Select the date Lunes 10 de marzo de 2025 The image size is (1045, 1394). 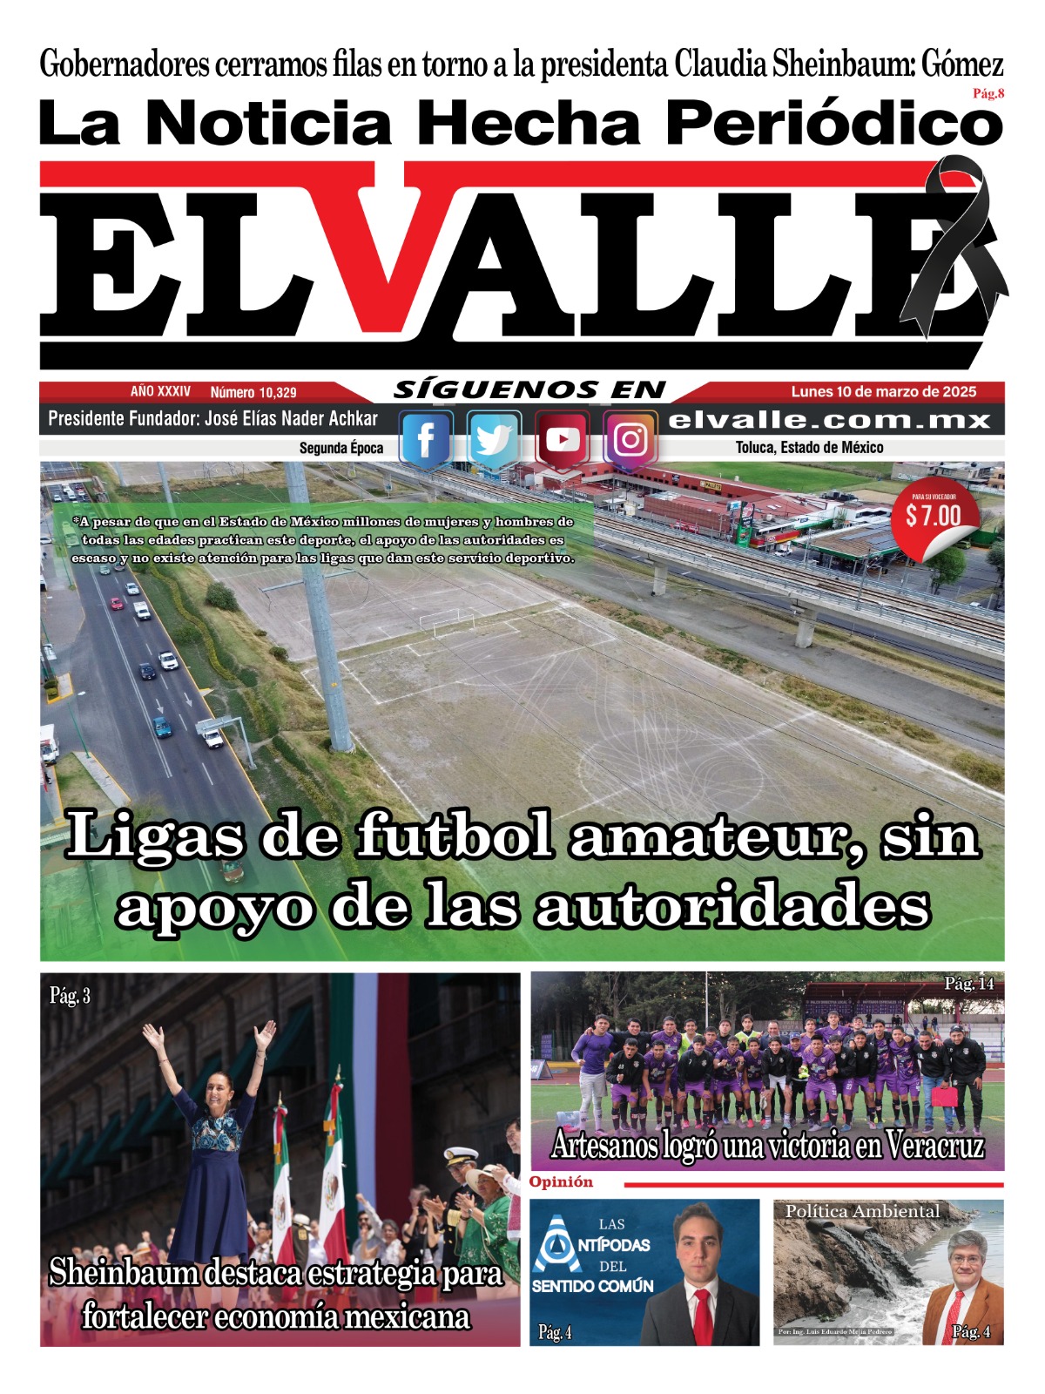[x=883, y=392]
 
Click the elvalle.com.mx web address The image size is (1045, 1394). [x=829, y=420]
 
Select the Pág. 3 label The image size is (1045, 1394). [x=70, y=995]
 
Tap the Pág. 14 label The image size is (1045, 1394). [x=968, y=984]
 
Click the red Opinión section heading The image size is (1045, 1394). [x=561, y=1182]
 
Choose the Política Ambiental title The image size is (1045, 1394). [x=862, y=1211]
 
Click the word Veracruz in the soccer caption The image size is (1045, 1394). [x=934, y=1145]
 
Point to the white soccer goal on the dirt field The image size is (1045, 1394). [x=448, y=622]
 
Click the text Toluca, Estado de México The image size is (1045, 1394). [x=809, y=448]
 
